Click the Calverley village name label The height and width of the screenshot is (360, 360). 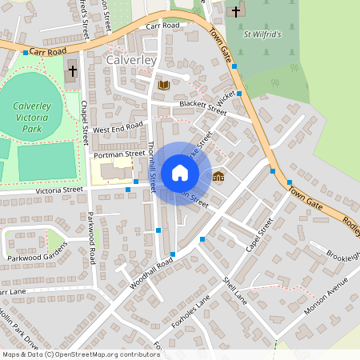click(133, 59)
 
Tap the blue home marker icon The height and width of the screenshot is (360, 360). click(180, 173)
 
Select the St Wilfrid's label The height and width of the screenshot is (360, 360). click(263, 34)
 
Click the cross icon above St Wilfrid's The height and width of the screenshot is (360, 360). click(236, 12)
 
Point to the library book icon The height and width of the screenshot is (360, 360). click(164, 85)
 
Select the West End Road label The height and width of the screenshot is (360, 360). click(118, 128)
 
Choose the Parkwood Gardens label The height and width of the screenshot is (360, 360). click(34, 258)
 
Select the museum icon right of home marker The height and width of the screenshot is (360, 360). click(218, 177)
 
